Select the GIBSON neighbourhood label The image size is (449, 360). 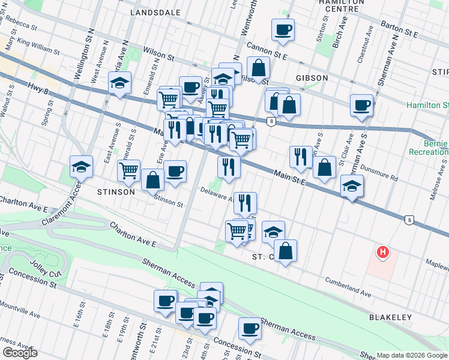[x=312, y=78]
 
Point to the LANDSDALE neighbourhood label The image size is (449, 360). [x=155, y=11]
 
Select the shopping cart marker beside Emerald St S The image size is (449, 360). [x=129, y=170]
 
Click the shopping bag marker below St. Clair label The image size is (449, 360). [x=286, y=250]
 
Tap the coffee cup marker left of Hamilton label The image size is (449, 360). [x=361, y=104]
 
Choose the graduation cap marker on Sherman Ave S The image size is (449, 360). [x=352, y=185]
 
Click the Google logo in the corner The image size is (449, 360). [x=20, y=353]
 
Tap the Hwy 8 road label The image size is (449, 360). [x=37, y=89]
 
